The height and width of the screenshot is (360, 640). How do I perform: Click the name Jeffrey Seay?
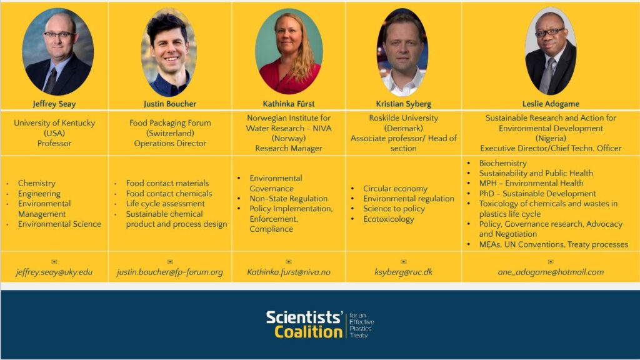(54, 104)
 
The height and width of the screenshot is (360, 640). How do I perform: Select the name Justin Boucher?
(170, 104)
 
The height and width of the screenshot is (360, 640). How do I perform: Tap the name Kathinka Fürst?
(289, 104)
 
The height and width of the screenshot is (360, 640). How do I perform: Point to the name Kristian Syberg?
(403, 104)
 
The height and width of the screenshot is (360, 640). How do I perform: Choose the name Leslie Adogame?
(551, 104)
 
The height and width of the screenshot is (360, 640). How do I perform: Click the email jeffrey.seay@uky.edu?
(54, 272)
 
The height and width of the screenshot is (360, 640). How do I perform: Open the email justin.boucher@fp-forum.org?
(170, 272)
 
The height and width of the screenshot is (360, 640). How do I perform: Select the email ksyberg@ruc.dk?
(403, 272)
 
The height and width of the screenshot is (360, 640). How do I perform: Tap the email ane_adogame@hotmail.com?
(551, 272)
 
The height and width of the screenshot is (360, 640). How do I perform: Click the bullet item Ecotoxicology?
(389, 219)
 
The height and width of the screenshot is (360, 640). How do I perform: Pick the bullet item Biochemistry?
(503, 163)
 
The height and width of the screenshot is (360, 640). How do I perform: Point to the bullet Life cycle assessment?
(165, 204)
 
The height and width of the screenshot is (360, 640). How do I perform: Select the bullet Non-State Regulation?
(289, 199)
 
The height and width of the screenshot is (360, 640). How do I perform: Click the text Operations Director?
(170, 143)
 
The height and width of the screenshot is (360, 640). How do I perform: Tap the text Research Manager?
(289, 148)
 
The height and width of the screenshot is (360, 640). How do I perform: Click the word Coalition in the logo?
(308, 332)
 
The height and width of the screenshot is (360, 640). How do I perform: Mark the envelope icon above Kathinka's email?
(289, 262)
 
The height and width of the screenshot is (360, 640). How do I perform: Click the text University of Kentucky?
(54, 123)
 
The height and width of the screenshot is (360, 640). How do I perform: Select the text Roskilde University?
(403, 118)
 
